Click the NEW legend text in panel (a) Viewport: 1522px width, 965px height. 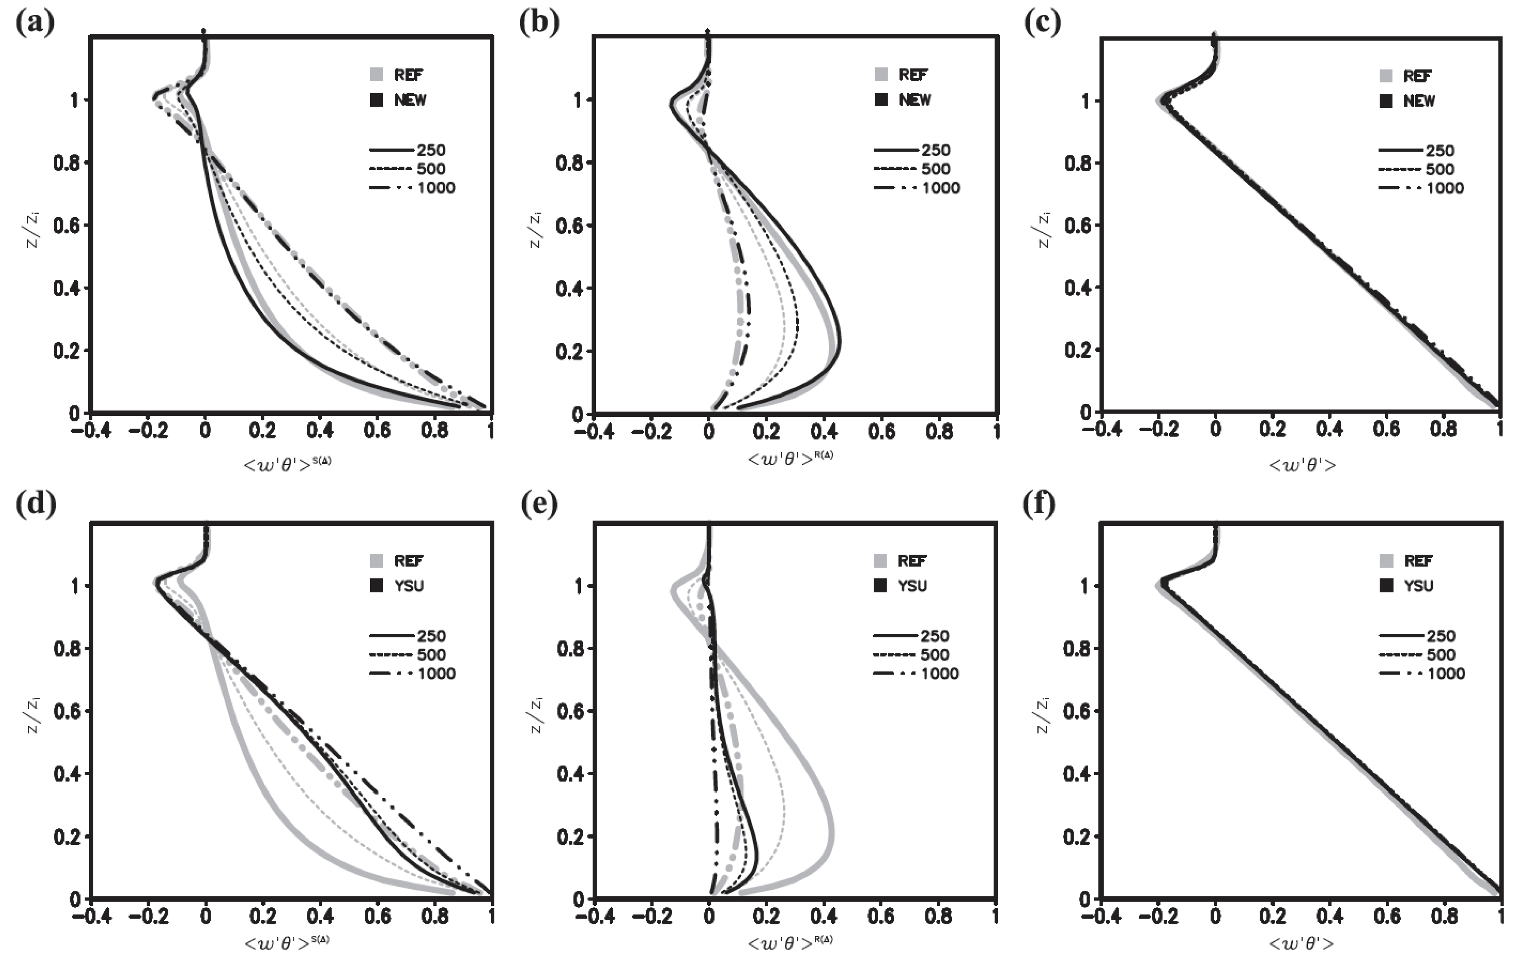(x=410, y=100)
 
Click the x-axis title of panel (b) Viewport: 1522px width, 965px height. (x=790, y=459)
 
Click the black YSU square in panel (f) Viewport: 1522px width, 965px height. (x=1385, y=586)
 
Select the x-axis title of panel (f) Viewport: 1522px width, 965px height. (x=1302, y=944)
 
